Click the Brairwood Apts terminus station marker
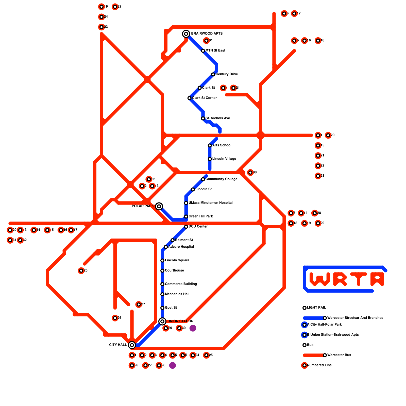(x=186, y=34)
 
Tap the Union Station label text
(x=180, y=321)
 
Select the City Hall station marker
(x=132, y=345)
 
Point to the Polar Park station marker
(x=159, y=206)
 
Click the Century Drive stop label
(x=227, y=74)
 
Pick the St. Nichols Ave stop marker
(x=203, y=119)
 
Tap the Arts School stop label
(x=222, y=145)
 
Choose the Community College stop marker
(x=203, y=179)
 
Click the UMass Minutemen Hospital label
(x=210, y=203)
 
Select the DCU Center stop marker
(x=186, y=227)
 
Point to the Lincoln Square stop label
(x=177, y=260)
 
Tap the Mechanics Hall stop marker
(x=162, y=294)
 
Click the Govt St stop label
(x=171, y=308)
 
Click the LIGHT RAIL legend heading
(x=316, y=308)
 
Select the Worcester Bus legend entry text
(x=339, y=355)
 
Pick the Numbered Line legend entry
(x=319, y=365)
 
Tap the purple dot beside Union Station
(x=193, y=328)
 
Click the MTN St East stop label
(x=215, y=51)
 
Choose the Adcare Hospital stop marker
(x=166, y=247)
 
